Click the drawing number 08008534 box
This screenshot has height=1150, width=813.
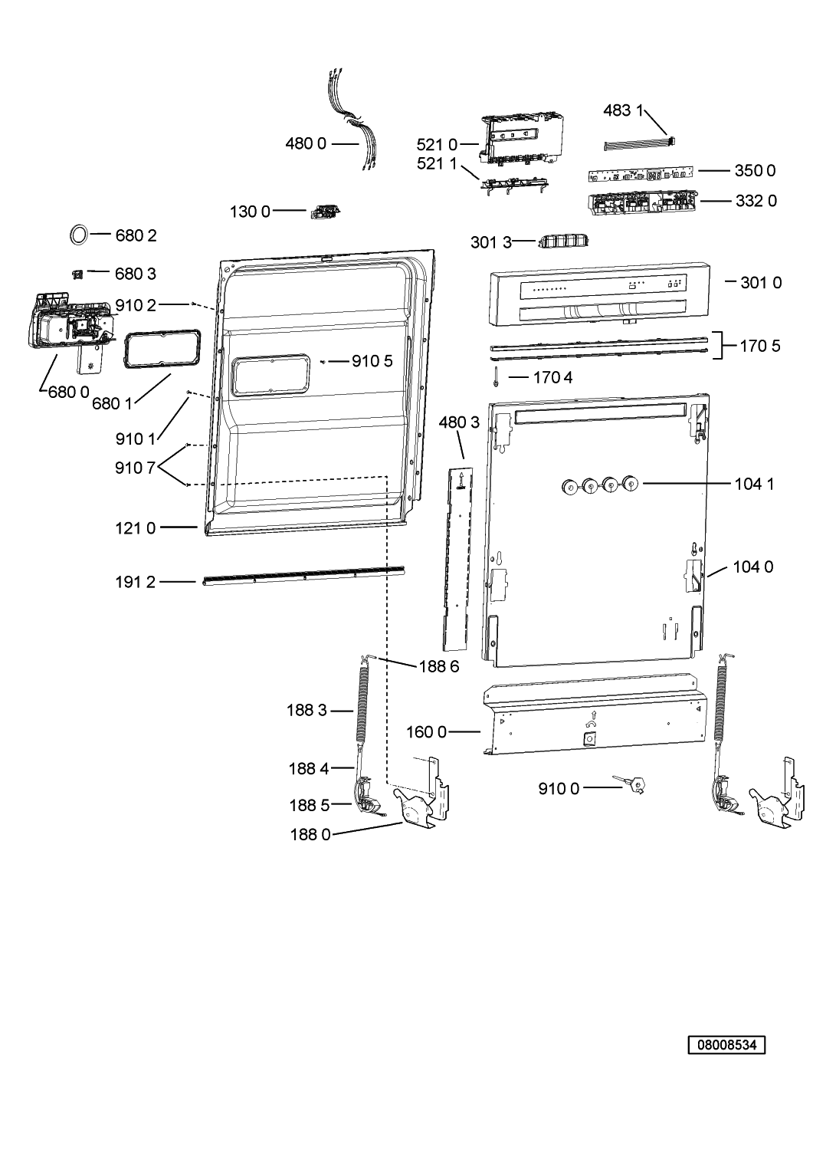coord(726,1044)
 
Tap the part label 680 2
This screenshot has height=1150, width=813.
coord(136,235)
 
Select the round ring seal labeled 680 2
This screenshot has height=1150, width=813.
coord(79,235)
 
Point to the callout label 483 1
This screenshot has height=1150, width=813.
coord(623,110)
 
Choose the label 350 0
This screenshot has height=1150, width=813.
coord(755,170)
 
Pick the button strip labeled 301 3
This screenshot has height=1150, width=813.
coord(563,241)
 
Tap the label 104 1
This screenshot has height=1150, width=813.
coord(754,484)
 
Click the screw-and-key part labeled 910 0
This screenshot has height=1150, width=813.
coord(632,784)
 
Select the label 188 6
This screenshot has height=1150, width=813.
coord(439,666)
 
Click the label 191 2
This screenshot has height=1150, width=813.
coord(135,582)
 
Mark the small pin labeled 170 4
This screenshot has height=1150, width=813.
coord(497,377)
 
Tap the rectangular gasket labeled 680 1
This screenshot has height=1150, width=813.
coord(161,350)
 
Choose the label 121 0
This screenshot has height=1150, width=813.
coord(135,528)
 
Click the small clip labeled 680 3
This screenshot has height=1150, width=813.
coord(77,274)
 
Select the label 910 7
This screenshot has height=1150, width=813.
coord(136,468)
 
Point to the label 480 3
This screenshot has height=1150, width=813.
coord(459,422)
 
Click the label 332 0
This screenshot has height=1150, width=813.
coord(756,201)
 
